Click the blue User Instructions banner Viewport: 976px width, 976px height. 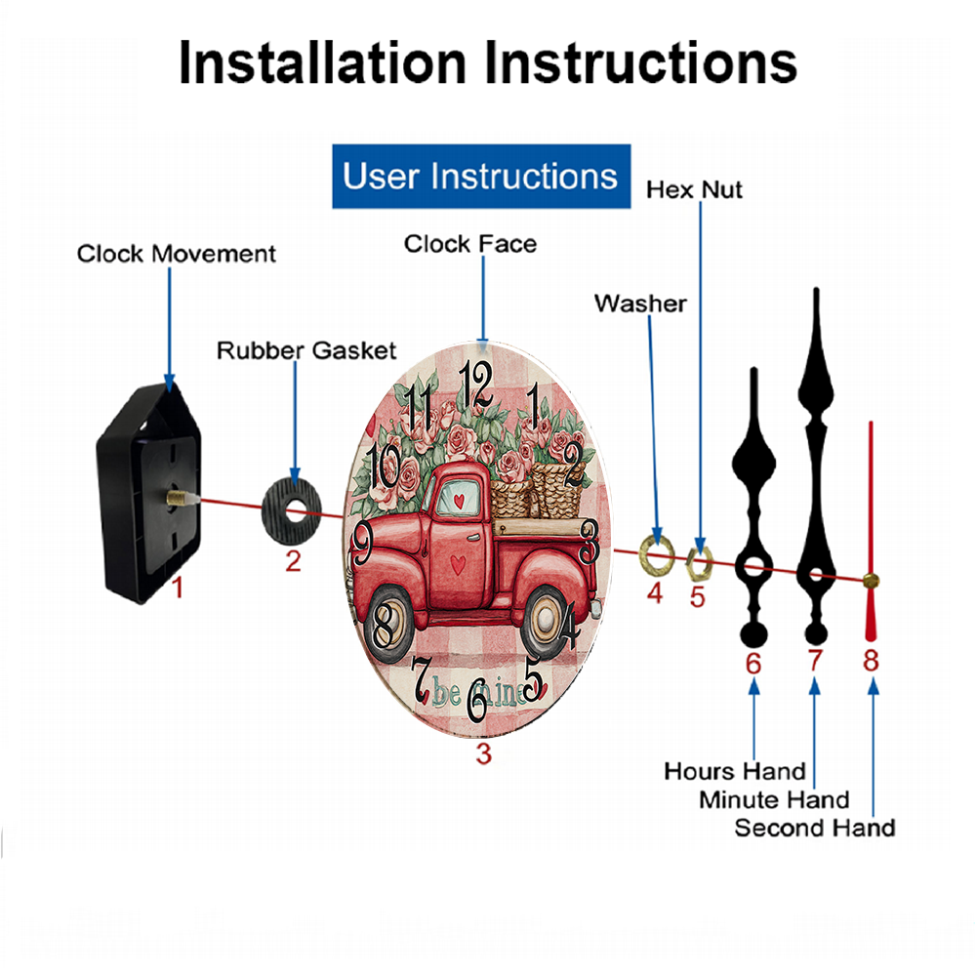(x=481, y=176)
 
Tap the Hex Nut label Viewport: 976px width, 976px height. (x=694, y=190)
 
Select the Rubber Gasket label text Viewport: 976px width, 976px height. (x=306, y=350)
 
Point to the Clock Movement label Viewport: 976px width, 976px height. (x=176, y=254)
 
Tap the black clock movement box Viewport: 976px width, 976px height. (x=148, y=493)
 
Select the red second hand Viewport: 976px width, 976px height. (x=871, y=531)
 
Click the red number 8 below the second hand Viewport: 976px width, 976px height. (x=871, y=660)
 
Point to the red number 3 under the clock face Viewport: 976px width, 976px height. (x=484, y=753)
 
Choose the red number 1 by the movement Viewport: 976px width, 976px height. (x=178, y=587)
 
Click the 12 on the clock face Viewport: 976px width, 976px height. (x=476, y=385)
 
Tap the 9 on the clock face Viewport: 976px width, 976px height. (x=362, y=542)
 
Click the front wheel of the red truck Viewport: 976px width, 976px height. (x=389, y=625)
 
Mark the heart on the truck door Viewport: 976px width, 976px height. (x=458, y=564)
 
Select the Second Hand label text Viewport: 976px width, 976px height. (x=815, y=828)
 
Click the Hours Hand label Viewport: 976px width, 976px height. (x=735, y=771)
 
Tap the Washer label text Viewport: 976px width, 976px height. (x=640, y=304)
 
